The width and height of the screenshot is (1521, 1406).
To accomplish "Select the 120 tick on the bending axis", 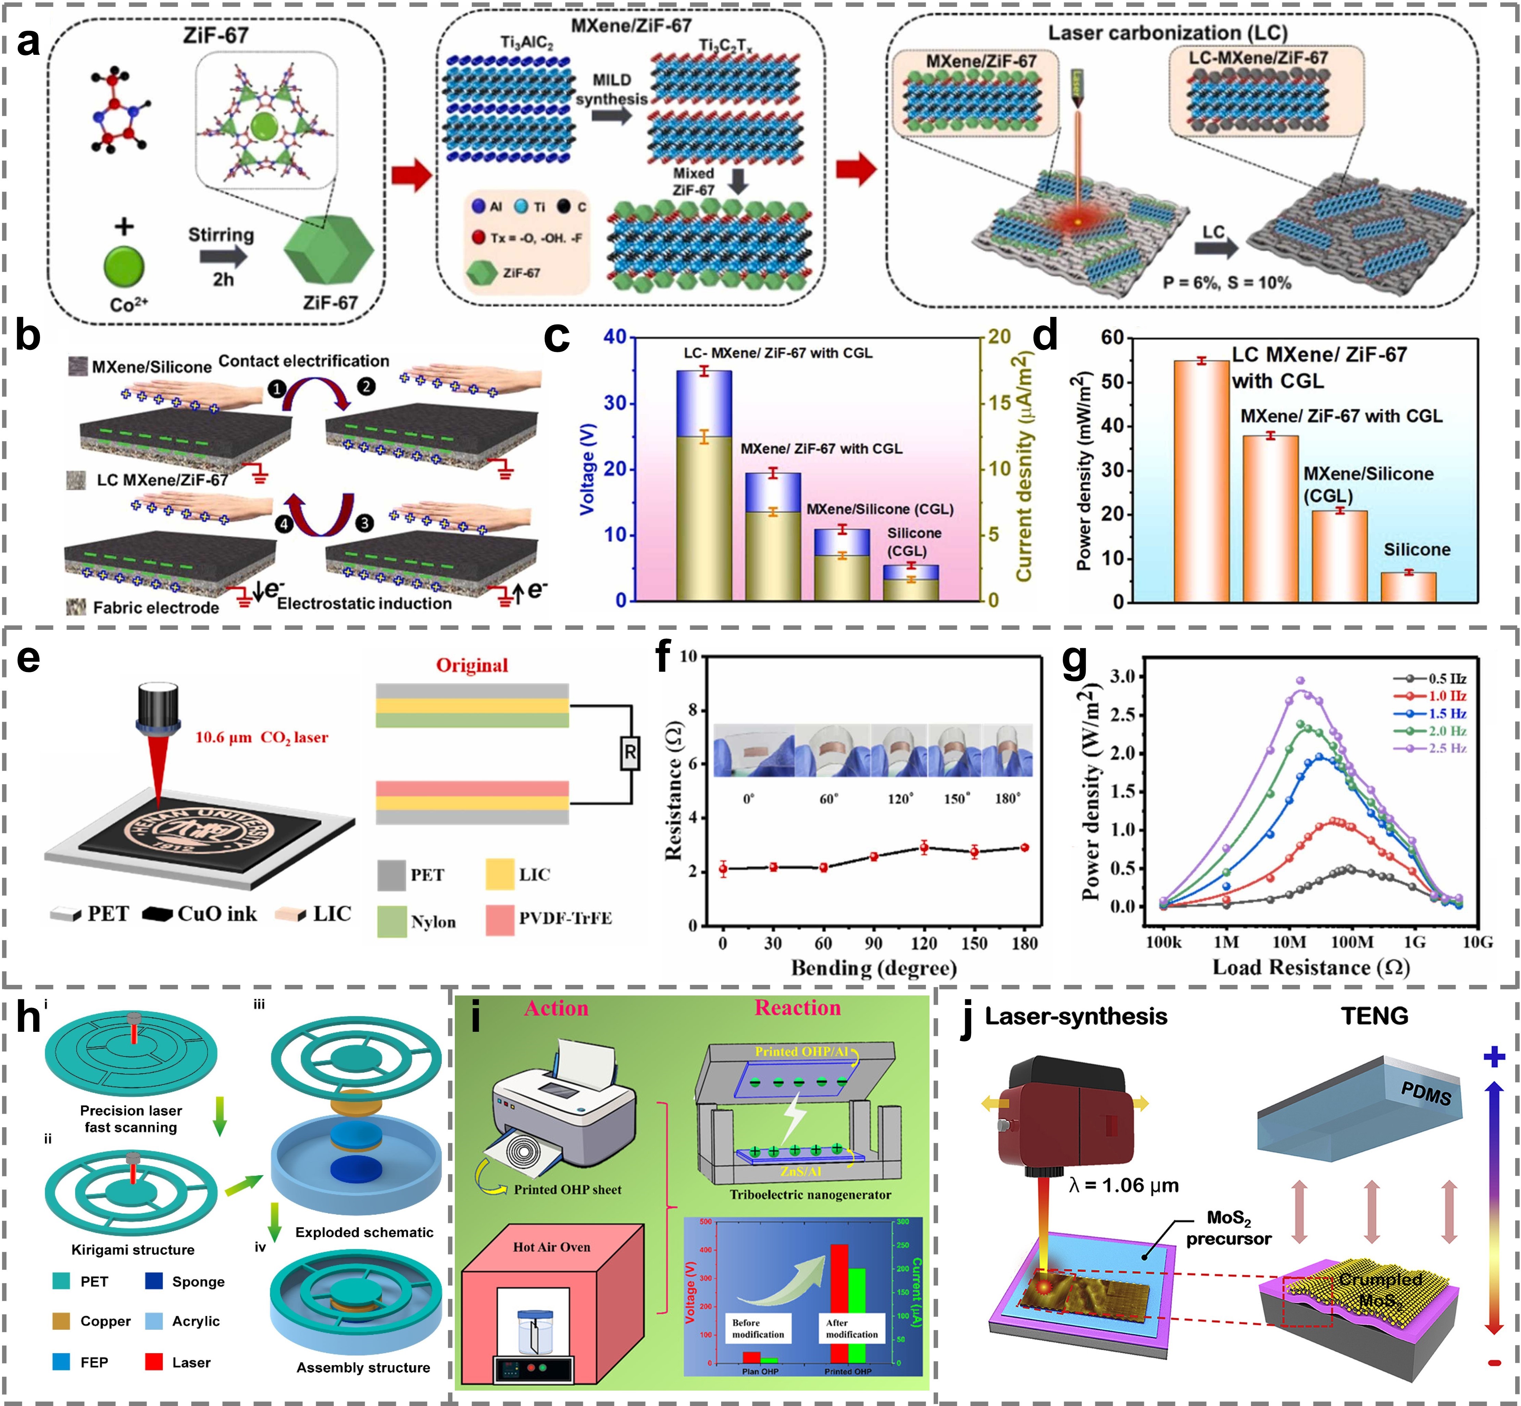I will pyautogui.click(x=924, y=943).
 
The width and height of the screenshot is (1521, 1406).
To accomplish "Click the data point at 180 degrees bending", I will pyautogui.click(x=1024, y=847).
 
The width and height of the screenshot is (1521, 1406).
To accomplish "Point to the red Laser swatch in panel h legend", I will pyautogui.click(x=154, y=1362).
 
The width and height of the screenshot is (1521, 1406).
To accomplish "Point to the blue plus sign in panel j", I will pyautogui.click(x=1494, y=1057).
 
